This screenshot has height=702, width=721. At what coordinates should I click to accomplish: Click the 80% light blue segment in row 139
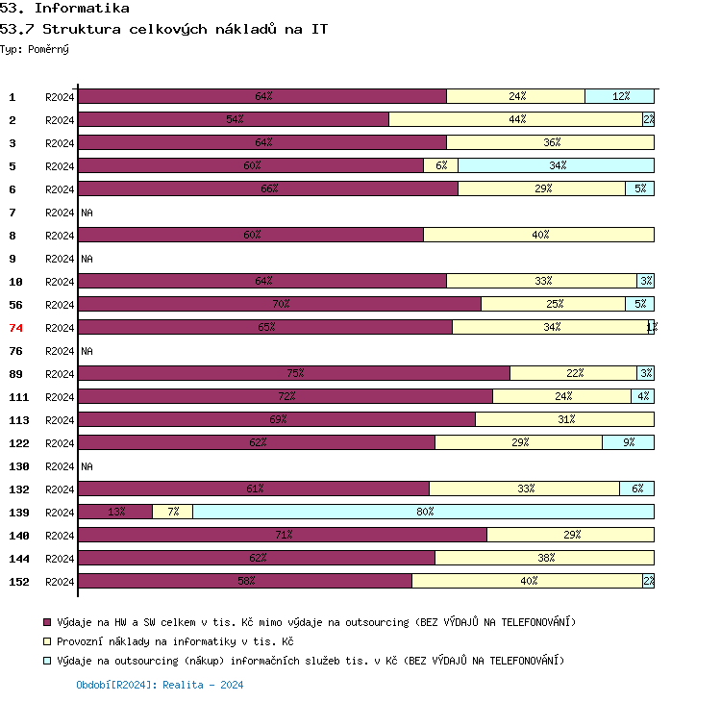coord(423,512)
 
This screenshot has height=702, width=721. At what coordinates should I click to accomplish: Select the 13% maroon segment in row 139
coord(115,512)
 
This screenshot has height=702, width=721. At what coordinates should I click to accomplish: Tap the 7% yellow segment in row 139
coord(173,512)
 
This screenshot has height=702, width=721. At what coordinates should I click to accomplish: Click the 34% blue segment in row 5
coord(556,165)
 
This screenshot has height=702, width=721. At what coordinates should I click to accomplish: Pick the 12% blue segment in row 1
coord(619,96)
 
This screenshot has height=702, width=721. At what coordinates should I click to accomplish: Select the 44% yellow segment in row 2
coord(515,119)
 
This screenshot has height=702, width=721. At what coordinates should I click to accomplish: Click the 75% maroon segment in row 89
coord(294,373)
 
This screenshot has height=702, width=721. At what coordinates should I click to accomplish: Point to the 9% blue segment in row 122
coord(628,442)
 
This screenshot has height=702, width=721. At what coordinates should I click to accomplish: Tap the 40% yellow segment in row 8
coord(538,235)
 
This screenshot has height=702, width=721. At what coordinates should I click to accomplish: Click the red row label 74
coord(15,328)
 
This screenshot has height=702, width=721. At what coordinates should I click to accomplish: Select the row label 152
coord(19,582)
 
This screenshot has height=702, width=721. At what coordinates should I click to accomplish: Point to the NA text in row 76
coord(87,351)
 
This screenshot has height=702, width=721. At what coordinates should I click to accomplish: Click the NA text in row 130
coord(87,466)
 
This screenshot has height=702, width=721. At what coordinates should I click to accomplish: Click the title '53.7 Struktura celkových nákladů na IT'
coord(163,29)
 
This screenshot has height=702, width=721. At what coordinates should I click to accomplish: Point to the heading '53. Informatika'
coord(64,9)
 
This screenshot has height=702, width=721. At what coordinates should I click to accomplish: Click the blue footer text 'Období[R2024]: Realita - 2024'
coord(160,685)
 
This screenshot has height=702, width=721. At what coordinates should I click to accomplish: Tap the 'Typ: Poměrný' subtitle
coord(35,48)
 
